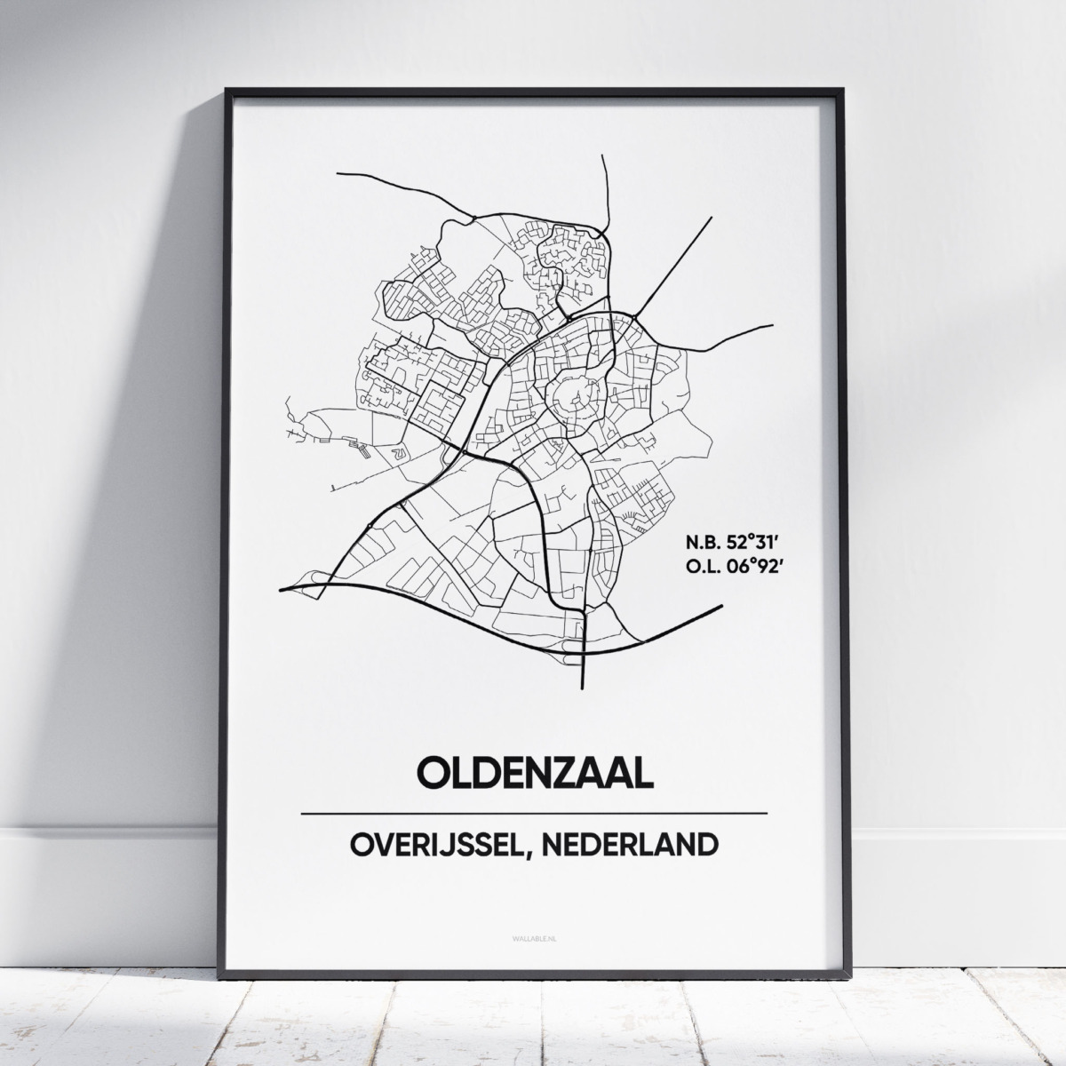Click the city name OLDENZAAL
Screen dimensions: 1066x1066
click(x=534, y=772)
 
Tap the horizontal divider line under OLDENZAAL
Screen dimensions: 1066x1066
click(x=534, y=813)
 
